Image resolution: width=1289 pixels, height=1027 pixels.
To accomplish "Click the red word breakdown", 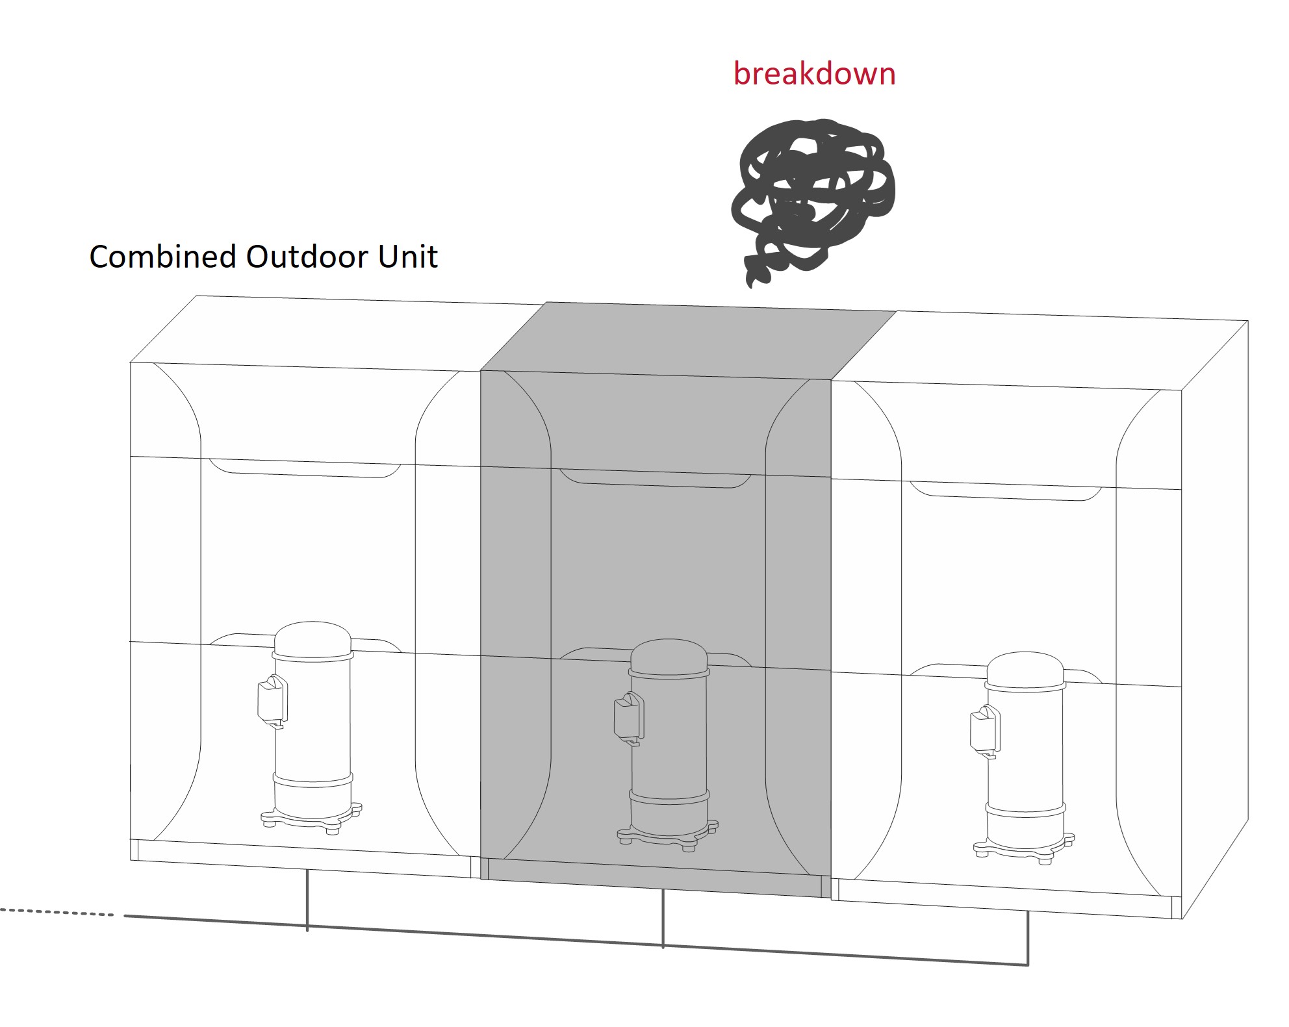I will pos(814,73).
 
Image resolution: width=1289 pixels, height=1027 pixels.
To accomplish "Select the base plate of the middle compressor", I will pos(667,835).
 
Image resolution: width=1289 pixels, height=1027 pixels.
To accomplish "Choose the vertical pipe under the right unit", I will pos(1028,939).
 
